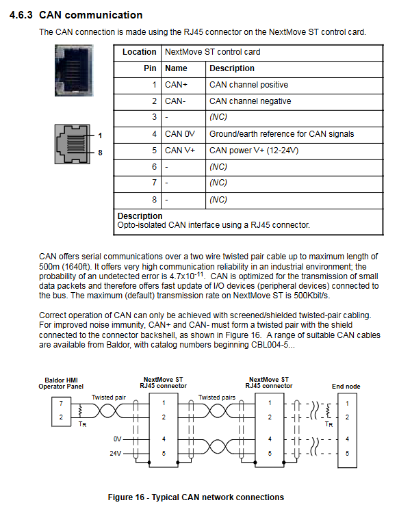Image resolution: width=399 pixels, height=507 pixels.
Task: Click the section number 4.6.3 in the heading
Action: coord(21,15)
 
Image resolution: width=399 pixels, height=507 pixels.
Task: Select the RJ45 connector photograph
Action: coord(74,70)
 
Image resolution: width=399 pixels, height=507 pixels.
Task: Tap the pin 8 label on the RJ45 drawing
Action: coord(100,153)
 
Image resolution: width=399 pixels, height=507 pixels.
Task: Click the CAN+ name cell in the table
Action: coord(176,85)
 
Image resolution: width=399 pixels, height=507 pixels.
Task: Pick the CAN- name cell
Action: coord(175,101)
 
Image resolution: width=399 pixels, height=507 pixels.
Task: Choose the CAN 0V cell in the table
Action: coord(180,134)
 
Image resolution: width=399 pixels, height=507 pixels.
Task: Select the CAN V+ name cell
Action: coord(180,151)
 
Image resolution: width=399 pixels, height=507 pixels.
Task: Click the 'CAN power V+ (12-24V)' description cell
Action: coord(254,151)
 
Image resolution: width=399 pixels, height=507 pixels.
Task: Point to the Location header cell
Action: coord(140,52)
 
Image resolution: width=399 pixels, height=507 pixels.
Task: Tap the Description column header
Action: coord(232,68)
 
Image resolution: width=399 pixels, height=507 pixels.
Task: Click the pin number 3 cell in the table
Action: coord(154,117)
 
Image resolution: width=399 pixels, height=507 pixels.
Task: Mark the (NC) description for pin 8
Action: coord(218,200)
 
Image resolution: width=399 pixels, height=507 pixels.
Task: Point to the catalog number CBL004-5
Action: coord(270,345)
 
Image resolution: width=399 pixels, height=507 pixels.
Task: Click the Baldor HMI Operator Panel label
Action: coord(61,383)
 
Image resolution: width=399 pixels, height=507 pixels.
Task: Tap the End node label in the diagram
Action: coord(346,387)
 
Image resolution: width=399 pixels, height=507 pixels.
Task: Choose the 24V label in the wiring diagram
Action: coord(116,454)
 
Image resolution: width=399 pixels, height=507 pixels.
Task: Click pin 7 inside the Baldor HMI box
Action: coord(61,403)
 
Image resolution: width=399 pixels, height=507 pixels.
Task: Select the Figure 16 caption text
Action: coord(196,497)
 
